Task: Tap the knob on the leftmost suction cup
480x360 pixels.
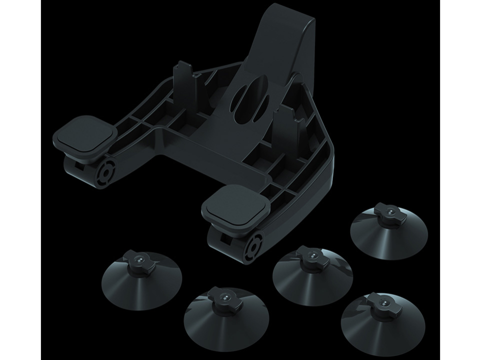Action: pyautogui.click(x=135, y=261)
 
